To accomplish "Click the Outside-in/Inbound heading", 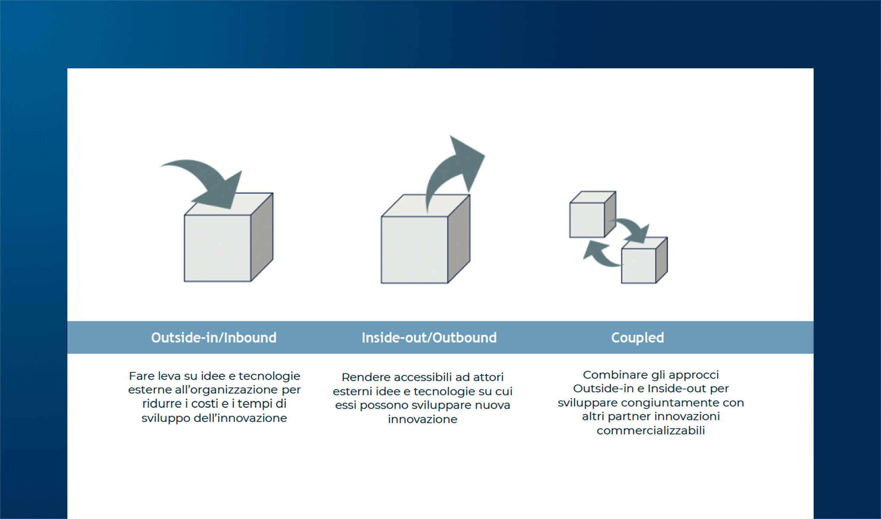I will pos(214,337).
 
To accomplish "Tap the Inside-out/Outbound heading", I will pos(429,337).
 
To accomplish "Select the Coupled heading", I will pos(637,337).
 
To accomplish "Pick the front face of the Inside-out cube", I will pos(414,250).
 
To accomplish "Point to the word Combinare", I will pos(608,375).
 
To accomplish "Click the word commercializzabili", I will pos(650,430).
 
